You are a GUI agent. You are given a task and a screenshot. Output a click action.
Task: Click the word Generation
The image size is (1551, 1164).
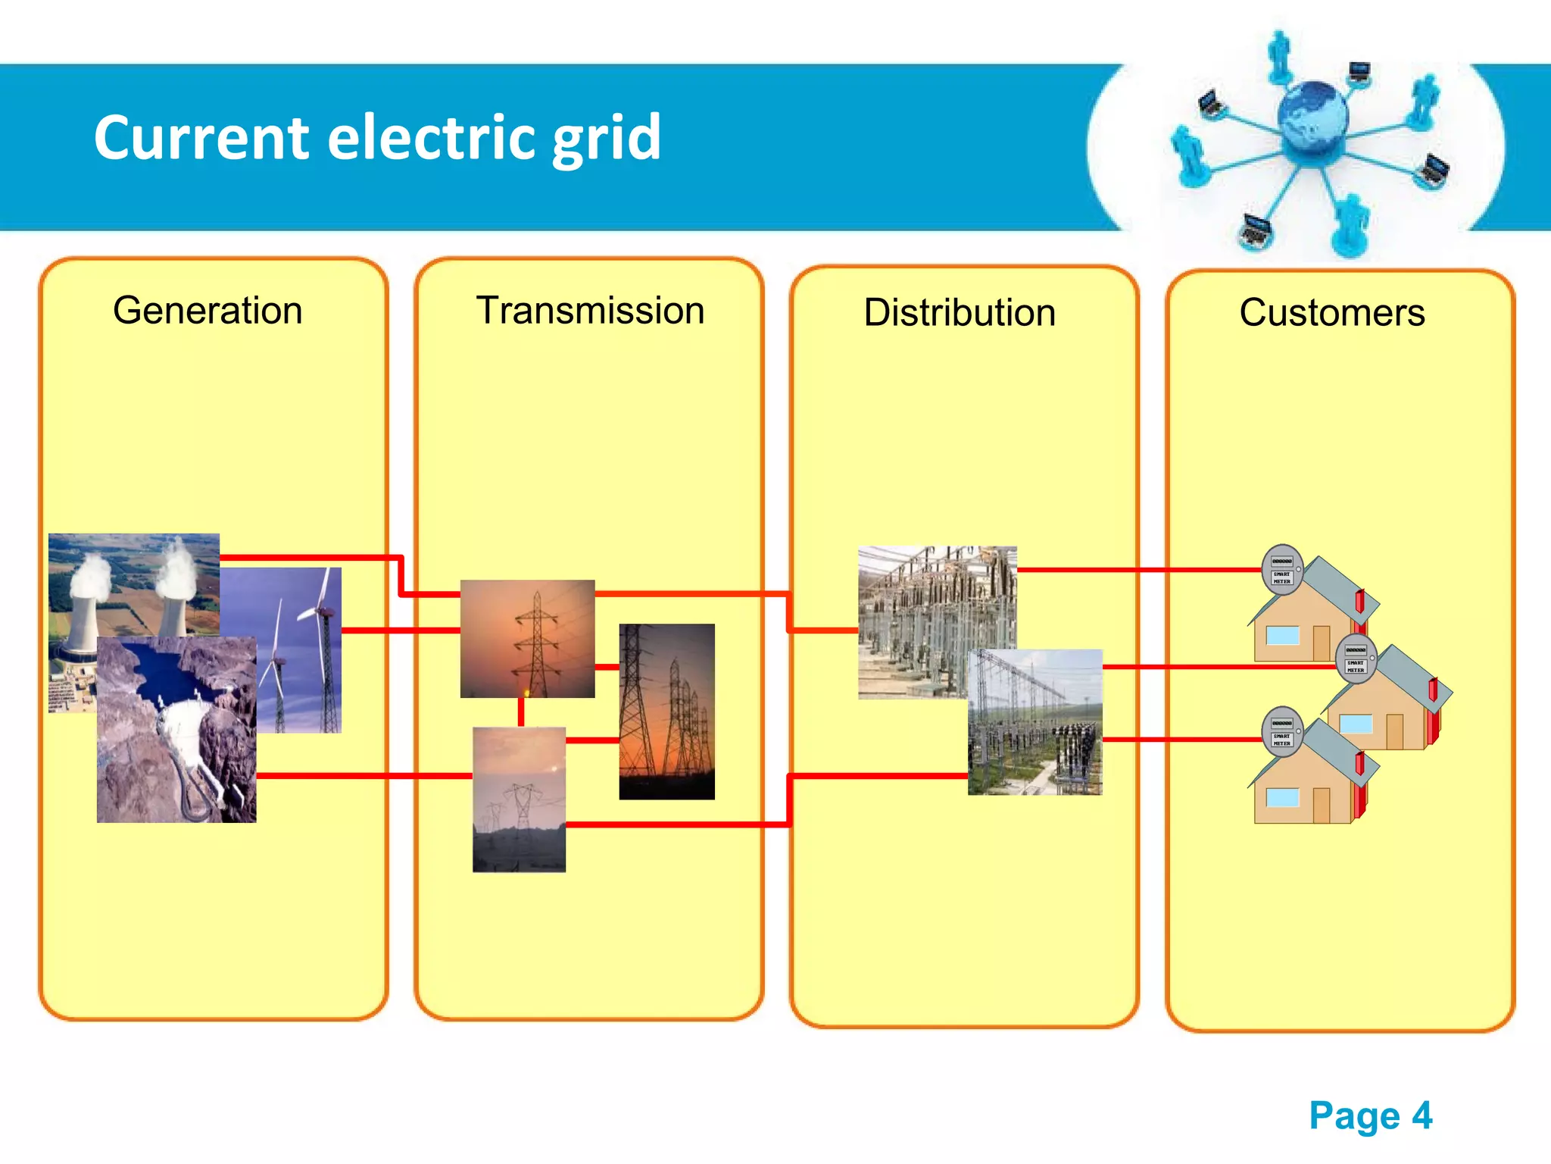[208, 311]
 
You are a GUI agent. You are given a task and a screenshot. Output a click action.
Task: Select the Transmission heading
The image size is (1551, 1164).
[590, 311]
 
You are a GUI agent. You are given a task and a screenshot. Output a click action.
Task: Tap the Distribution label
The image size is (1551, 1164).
[960, 313]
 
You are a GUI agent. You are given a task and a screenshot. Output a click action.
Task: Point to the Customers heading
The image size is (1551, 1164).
[1332, 313]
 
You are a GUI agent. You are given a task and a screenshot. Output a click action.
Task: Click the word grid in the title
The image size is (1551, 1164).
[606, 138]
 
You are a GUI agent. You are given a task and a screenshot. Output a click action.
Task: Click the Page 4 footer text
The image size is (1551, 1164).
[1370, 1115]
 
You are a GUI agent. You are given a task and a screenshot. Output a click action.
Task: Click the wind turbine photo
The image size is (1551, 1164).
[303, 652]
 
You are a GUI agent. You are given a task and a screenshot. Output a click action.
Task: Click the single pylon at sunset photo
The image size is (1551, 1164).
[527, 638]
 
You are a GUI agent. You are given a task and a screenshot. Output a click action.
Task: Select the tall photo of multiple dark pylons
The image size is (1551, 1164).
[666, 712]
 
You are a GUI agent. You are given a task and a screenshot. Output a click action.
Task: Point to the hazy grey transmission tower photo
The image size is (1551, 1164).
[519, 799]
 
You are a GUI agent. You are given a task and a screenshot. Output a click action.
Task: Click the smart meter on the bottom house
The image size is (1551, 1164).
[1281, 732]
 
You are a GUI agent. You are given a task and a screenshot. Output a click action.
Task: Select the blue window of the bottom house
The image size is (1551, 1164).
[1282, 797]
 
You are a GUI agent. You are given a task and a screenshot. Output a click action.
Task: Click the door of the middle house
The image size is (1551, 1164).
[1394, 731]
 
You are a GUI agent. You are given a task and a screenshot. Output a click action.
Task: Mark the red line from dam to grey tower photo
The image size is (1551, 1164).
[364, 775]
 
